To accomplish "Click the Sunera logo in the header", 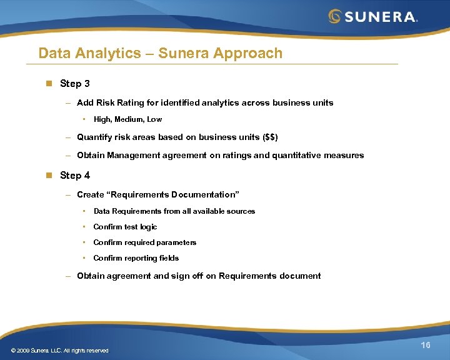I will click(x=373, y=16).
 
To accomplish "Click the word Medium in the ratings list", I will click(x=131, y=119).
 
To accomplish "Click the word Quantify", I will click(x=95, y=137).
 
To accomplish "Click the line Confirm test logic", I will click(x=125, y=227).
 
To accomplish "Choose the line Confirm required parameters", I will click(x=144, y=242).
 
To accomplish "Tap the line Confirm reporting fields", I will click(x=136, y=258).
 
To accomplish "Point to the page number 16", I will click(x=426, y=346).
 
